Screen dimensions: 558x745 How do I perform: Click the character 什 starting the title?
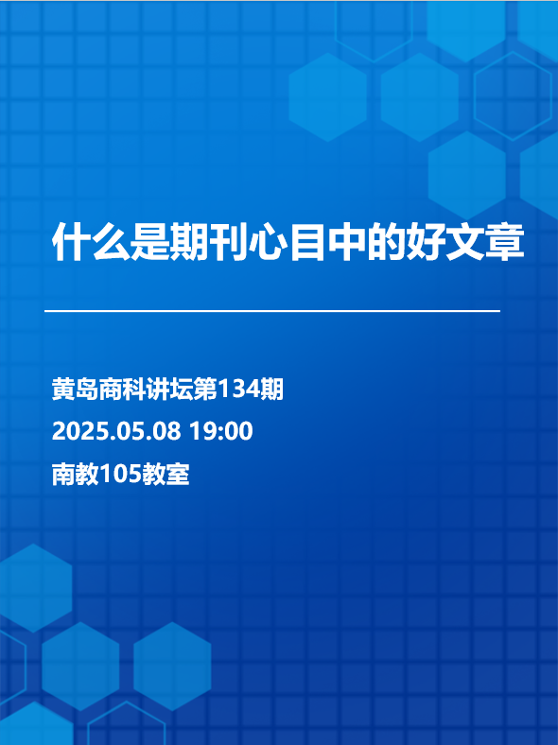point(71,241)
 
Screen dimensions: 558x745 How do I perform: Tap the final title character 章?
point(505,241)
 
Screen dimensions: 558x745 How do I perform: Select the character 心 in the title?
point(268,241)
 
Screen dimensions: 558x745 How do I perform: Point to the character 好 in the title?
point(426,241)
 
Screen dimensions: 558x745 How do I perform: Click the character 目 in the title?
point(307,241)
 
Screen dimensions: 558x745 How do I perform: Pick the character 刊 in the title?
point(229,241)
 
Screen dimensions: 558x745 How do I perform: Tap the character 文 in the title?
point(465,241)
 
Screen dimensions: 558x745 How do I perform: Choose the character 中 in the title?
point(347,241)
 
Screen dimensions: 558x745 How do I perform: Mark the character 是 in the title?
point(149,241)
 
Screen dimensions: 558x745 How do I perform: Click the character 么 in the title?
point(111,241)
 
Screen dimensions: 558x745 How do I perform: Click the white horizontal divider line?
point(272,311)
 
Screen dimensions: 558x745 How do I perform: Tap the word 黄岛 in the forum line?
point(75,390)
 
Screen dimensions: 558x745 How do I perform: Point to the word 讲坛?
point(170,390)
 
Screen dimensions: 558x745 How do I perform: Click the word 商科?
point(123,390)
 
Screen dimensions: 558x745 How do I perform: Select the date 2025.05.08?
point(116,431)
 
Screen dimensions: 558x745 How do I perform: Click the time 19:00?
point(221,431)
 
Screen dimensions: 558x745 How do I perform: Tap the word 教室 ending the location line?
point(166,474)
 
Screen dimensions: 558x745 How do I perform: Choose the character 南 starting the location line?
point(63,474)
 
